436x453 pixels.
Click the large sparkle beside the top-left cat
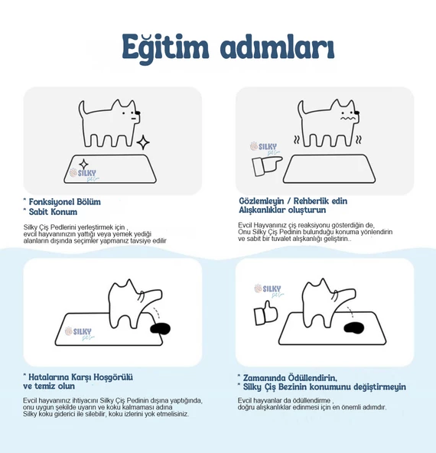tap(143, 142)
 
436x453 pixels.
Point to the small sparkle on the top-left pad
tap(83, 163)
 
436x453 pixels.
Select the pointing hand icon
tap(264, 163)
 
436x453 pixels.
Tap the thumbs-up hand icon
tap(265, 310)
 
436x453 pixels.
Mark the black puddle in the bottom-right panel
tap(356, 330)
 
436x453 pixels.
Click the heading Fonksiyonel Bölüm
tap(64, 202)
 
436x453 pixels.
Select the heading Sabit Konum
tap(53, 211)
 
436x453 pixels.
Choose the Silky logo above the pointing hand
tap(263, 147)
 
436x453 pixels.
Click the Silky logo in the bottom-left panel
tap(79, 331)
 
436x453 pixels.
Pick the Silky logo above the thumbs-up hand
tap(268, 290)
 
